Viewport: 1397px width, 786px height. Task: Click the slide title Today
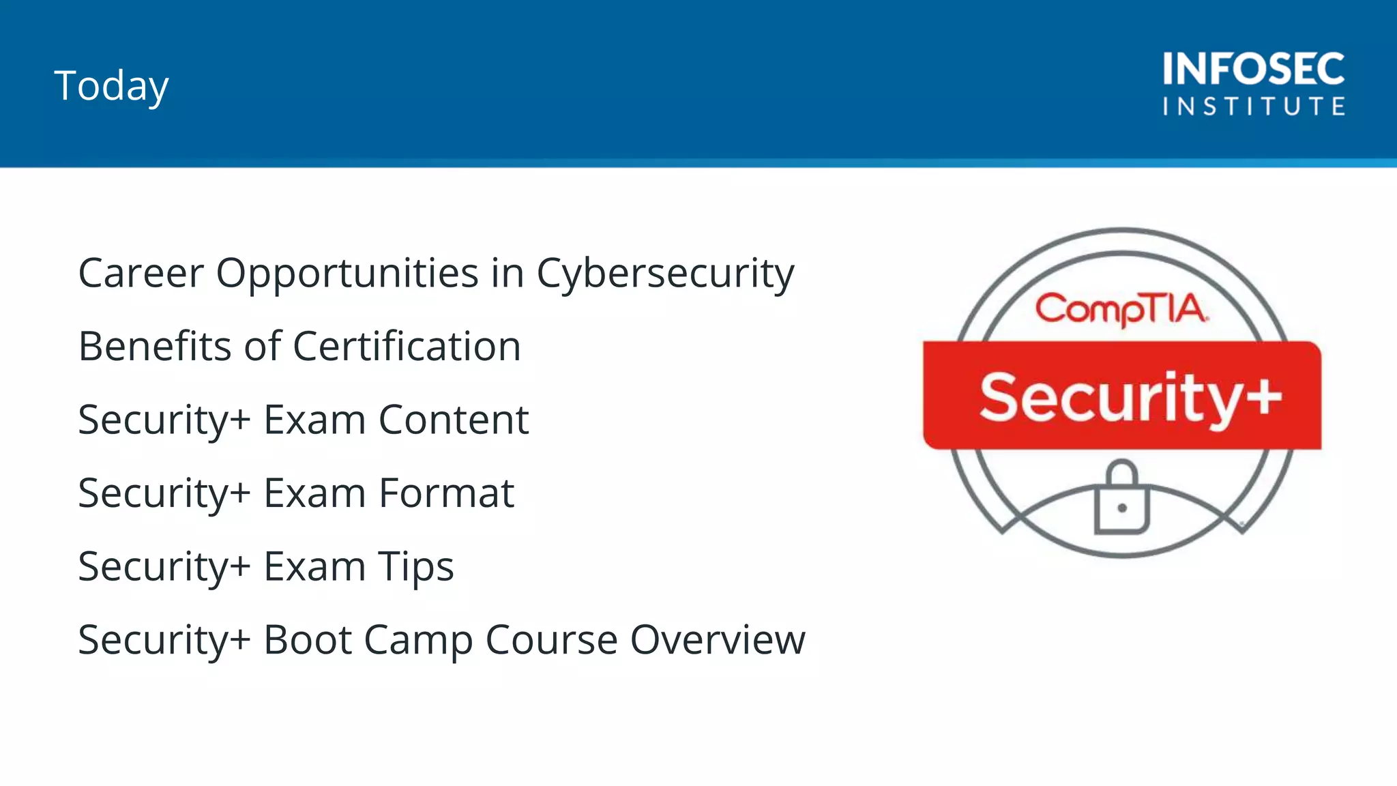point(111,86)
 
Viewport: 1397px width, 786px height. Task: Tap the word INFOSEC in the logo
point(1253,69)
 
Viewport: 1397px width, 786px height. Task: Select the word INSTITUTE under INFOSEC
point(1253,106)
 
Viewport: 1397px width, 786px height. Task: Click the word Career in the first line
point(141,274)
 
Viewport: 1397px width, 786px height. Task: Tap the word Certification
point(407,346)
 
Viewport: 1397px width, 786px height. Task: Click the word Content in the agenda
point(454,420)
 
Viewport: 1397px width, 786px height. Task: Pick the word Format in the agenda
point(446,493)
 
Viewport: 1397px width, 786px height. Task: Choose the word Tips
point(416,567)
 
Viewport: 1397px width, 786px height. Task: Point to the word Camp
point(418,641)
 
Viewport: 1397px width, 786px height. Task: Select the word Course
point(551,640)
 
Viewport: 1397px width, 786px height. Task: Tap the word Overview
point(718,640)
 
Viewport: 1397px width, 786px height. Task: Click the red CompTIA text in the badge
point(1121,309)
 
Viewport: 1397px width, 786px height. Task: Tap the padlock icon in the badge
point(1122,497)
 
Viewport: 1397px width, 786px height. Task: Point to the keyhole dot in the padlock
point(1122,508)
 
